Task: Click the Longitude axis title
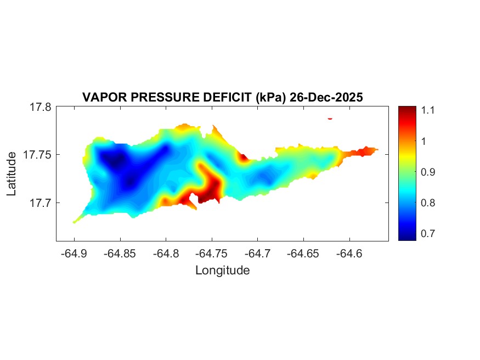point(222,270)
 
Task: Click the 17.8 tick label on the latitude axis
point(40,108)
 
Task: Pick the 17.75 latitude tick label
point(37,155)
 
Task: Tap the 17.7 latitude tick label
point(40,203)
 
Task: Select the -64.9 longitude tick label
point(74,254)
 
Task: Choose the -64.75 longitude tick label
point(210,254)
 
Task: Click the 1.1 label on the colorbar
point(428,110)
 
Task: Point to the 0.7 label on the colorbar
point(428,234)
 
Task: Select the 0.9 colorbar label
point(428,172)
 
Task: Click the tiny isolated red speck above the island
point(330,118)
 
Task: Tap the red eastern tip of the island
point(369,150)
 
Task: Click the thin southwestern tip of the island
point(75,221)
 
